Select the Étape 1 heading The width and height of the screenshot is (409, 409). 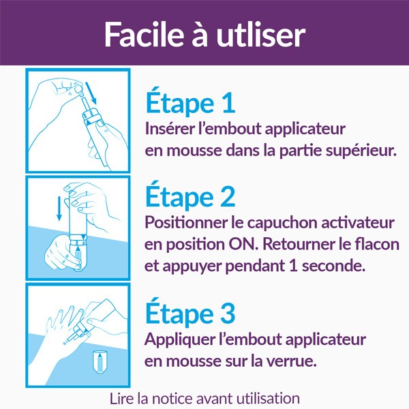190,104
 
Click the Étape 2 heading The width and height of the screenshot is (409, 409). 191,197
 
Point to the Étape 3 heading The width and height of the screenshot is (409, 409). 191,314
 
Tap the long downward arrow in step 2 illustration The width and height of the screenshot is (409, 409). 59,206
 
